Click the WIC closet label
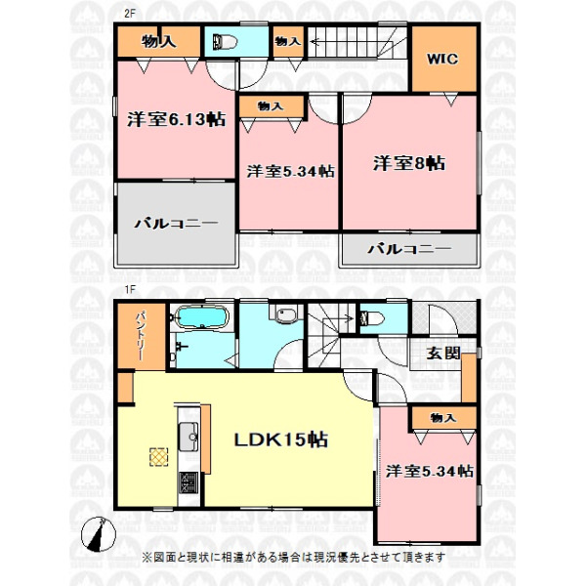(x=442, y=59)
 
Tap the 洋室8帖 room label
(x=409, y=163)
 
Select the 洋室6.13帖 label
(x=177, y=119)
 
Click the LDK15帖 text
(x=281, y=439)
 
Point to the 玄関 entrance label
(x=443, y=354)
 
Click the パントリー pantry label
(x=141, y=336)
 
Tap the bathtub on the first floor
(x=202, y=317)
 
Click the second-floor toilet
(x=225, y=42)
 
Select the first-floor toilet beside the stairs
(x=371, y=318)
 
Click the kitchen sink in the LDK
(x=188, y=437)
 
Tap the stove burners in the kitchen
(x=188, y=482)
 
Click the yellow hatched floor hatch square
(x=159, y=457)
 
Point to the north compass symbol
(x=99, y=534)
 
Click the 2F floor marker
(x=129, y=14)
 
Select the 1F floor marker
(x=129, y=289)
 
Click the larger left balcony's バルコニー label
(x=177, y=224)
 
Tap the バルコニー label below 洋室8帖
(x=409, y=249)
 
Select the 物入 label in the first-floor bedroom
(x=443, y=418)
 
